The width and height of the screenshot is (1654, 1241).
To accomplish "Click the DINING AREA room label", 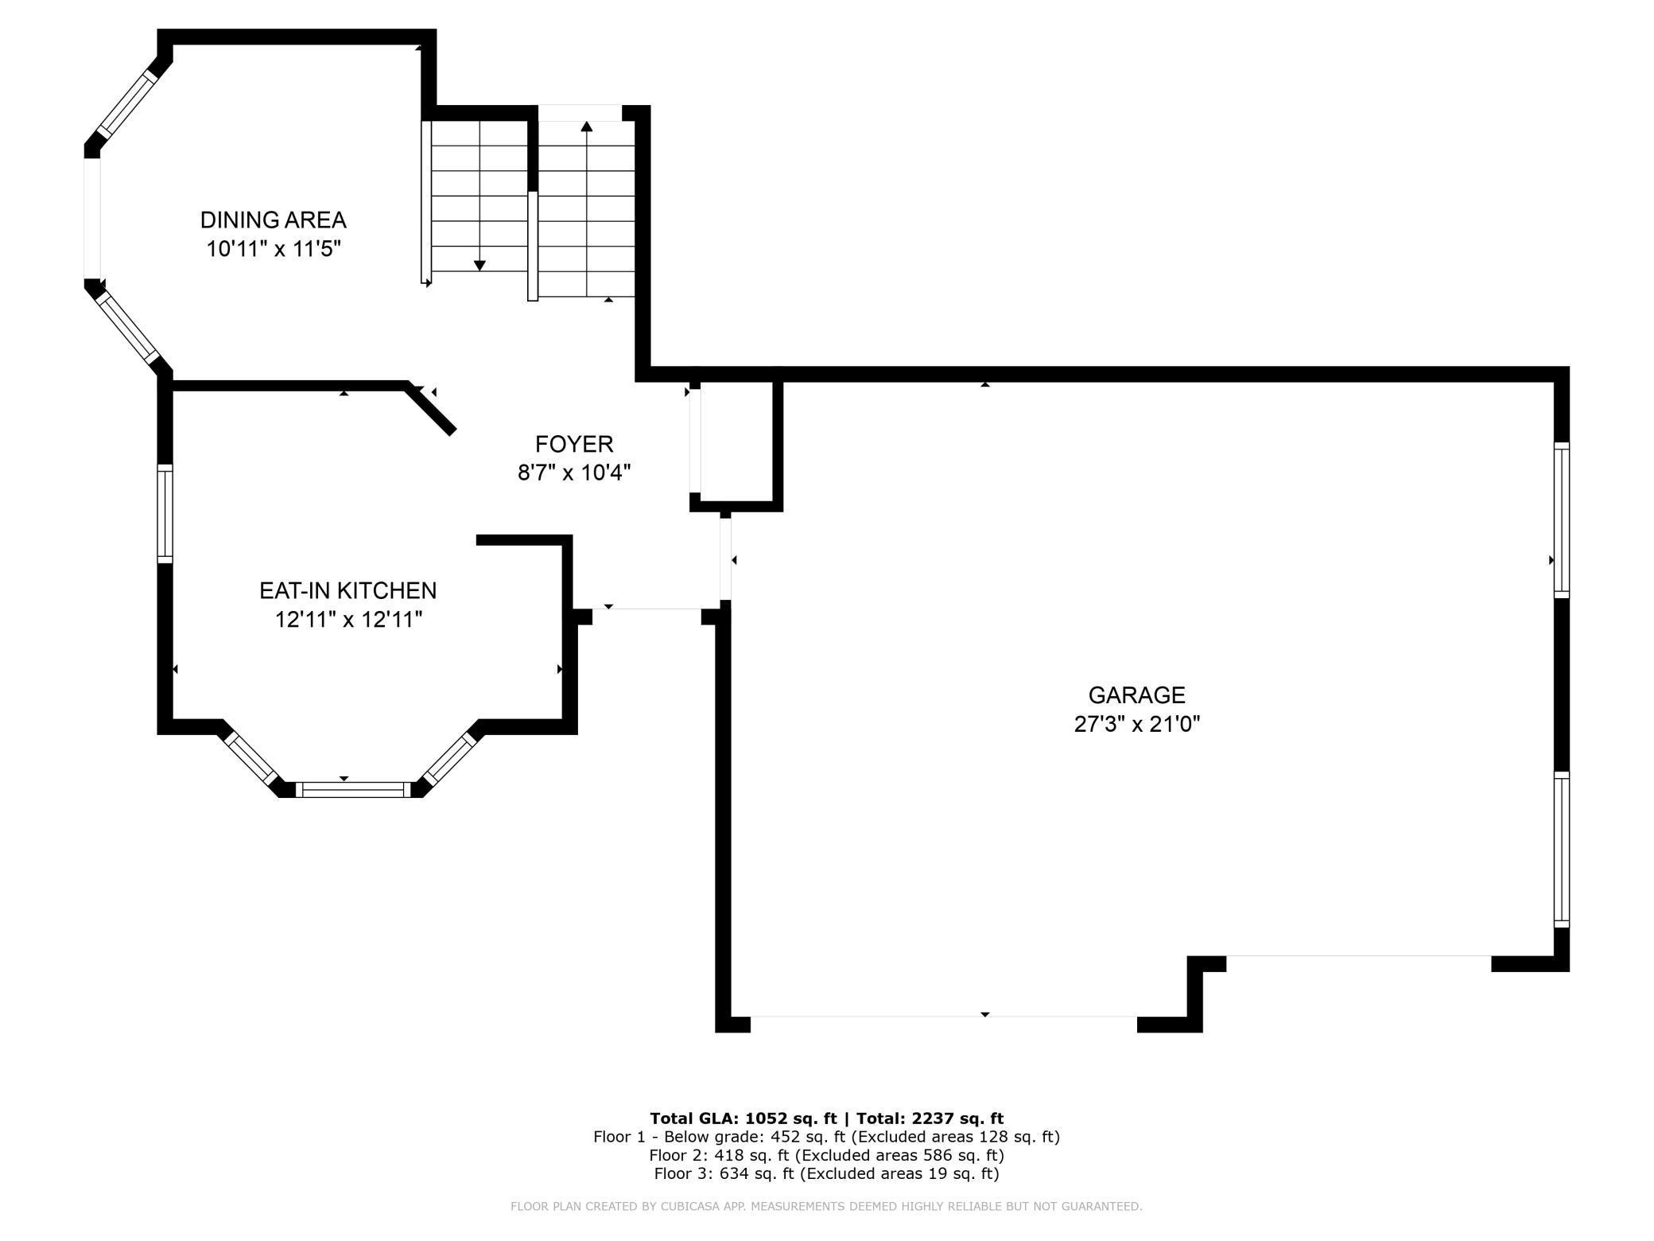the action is click(x=273, y=220).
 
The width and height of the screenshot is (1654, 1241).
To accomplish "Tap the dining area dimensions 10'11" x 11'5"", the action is click(x=274, y=249).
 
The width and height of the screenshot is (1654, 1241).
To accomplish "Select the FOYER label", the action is click(x=574, y=444).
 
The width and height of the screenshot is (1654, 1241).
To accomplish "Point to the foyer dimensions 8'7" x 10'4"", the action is click(x=574, y=473).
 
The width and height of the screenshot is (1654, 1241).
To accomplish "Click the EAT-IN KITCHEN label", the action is click(x=348, y=590).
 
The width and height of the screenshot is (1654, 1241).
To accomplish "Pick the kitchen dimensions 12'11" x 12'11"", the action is click(x=348, y=620).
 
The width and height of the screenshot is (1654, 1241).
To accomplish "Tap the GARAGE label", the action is click(x=1136, y=695).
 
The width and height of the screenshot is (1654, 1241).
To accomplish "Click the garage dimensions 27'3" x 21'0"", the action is click(x=1136, y=725).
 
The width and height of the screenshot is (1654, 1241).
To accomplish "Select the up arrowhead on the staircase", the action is click(x=587, y=126).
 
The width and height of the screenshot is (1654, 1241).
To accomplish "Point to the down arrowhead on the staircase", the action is click(x=480, y=266).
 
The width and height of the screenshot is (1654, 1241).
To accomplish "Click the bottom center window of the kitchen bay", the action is click(x=353, y=789).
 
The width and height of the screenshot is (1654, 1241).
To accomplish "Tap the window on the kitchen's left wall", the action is click(x=165, y=513).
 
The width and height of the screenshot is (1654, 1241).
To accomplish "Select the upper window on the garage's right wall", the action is click(x=1562, y=520).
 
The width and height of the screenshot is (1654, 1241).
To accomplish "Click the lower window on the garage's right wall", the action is click(x=1562, y=849).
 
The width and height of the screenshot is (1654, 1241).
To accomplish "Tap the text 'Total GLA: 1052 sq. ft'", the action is click(x=744, y=1118).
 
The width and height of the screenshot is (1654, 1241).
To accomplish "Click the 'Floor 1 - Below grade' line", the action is click(x=826, y=1137).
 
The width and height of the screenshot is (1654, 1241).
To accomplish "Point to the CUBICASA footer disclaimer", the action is click(x=826, y=1207).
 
